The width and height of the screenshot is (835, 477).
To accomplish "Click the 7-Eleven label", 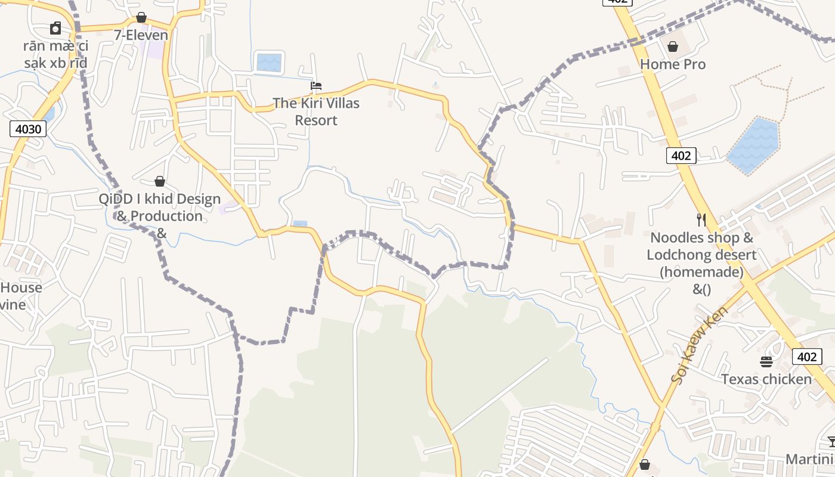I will (x=141, y=35).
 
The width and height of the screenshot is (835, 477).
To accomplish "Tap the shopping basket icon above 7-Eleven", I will (x=141, y=17).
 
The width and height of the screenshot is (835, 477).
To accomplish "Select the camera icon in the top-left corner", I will (x=55, y=28).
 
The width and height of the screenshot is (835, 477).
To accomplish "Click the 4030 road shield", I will (x=28, y=128).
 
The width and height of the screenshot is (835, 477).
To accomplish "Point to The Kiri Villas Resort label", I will (x=316, y=111).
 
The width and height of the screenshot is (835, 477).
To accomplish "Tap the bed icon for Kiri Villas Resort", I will (x=316, y=86).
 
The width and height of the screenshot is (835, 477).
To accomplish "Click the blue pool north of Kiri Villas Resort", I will (x=268, y=62).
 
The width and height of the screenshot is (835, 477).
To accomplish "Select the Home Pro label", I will (x=673, y=64).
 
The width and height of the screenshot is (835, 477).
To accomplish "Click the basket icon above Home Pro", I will (x=673, y=47).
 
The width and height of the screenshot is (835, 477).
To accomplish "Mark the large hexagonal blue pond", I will (x=754, y=145).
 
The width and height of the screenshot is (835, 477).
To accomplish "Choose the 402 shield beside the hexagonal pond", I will (x=681, y=156).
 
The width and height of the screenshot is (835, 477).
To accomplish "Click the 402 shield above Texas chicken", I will (x=806, y=357).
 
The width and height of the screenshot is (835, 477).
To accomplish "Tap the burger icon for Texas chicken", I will (x=766, y=361).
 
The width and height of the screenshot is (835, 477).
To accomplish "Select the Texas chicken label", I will (x=766, y=379).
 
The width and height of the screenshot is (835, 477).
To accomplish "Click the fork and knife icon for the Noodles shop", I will (x=701, y=220).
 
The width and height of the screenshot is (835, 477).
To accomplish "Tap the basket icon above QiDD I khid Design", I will (x=160, y=181).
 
